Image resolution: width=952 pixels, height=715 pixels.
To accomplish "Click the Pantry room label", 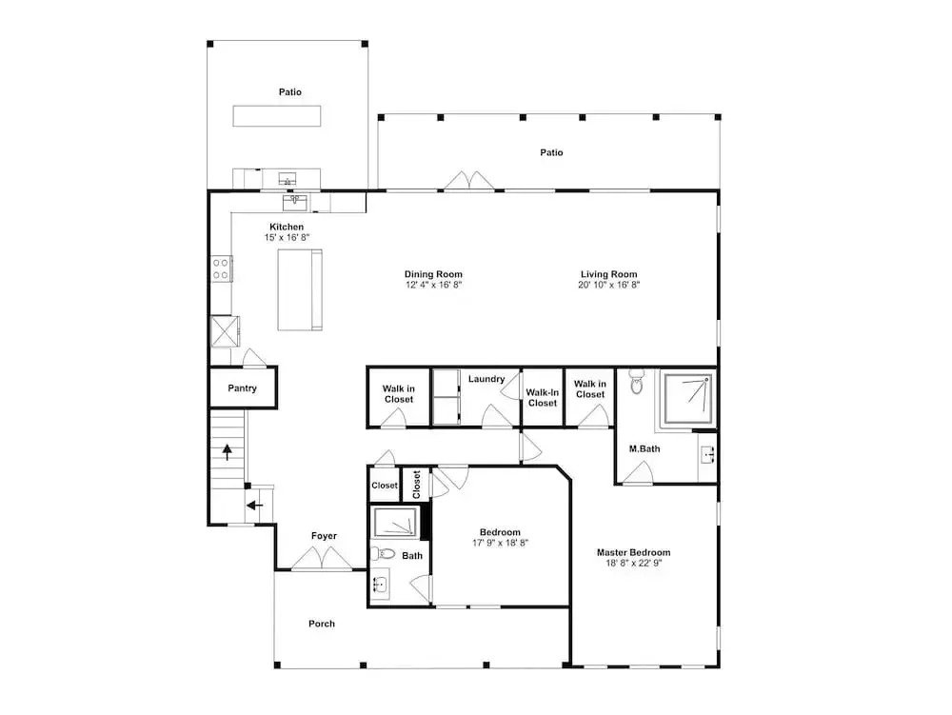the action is [x=242, y=388].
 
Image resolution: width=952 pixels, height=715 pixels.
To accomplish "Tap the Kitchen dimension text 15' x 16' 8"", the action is [x=287, y=238].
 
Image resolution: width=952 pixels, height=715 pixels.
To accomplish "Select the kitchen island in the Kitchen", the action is [x=300, y=290].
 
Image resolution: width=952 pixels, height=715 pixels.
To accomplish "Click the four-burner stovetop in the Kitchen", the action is [x=221, y=268].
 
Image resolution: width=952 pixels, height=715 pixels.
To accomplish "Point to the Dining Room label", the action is [x=433, y=274].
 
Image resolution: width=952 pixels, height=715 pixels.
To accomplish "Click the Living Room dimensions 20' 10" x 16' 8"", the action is [x=609, y=285].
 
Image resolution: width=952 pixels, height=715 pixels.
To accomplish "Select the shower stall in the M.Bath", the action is [x=689, y=398].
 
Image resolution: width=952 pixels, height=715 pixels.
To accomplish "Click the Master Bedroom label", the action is [x=633, y=552].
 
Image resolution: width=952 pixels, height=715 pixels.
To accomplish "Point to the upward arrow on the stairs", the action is [x=228, y=452].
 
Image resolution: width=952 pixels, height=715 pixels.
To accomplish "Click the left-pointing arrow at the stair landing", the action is [x=255, y=505].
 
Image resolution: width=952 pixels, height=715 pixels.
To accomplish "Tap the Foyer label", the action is [x=324, y=536].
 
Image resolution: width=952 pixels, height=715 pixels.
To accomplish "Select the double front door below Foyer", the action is [x=322, y=560].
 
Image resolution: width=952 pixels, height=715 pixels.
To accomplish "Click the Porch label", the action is [x=321, y=624].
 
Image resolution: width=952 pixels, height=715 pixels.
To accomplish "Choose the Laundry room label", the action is [x=486, y=379].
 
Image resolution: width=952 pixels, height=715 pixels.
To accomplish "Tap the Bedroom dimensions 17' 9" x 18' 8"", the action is [x=500, y=544].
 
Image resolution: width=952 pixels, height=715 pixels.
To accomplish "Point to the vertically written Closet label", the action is [x=417, y=485].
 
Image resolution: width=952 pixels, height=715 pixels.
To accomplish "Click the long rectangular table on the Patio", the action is [x=277, y=116].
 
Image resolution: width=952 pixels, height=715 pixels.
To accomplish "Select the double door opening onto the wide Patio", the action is [x=468, y=182].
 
